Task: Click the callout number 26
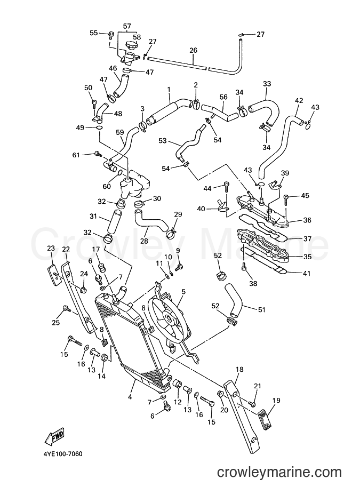click(193, 50)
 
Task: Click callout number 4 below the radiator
click(130, 397)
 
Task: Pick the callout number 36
click(307, 220)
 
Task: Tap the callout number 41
click(306, 273)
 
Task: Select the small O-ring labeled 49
click(99, 128)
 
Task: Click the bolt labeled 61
click(98, 154)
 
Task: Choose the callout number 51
click(261, 309)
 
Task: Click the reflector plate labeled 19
click(265, 418)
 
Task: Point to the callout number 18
click(239, 369)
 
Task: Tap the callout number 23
click(51, 248)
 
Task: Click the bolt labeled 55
click(111, 34)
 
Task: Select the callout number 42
click(299, 101)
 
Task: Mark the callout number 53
click(163, 140)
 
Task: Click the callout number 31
click(93, 216)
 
